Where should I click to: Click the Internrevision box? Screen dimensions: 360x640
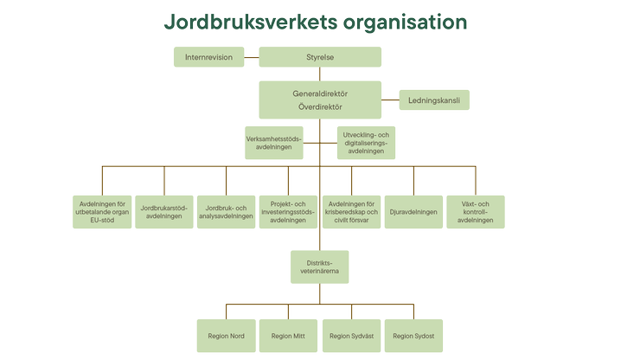click(208, 57)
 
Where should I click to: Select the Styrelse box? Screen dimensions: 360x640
click(319, 57)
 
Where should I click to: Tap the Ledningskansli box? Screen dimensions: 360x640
click(433, 100)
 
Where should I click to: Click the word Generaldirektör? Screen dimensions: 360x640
click(319, 93)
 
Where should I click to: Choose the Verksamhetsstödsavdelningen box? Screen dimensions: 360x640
click(274, 142)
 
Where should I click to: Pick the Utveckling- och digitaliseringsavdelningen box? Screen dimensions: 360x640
click(366, 143)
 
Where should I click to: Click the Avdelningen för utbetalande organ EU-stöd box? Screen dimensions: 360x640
click(102, 211)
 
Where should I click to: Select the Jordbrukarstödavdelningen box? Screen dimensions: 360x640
click(164, 211)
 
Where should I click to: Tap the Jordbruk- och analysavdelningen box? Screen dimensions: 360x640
click(227, 211)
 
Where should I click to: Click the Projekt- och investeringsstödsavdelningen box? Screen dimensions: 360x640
click(288, 211)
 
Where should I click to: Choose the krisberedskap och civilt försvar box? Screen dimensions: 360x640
click(351, 211)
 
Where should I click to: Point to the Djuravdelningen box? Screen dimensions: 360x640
click(413, 211)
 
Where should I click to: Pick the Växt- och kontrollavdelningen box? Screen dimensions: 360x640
click(475, 211)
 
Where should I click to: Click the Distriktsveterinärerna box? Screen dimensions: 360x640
click(319, 266)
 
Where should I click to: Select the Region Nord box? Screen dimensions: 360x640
click(227, 336)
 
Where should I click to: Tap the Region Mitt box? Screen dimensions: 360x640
click(288, 336)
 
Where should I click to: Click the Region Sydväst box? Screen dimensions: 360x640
click(351, 336)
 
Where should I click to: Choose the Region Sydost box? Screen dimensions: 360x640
click(413, 336)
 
